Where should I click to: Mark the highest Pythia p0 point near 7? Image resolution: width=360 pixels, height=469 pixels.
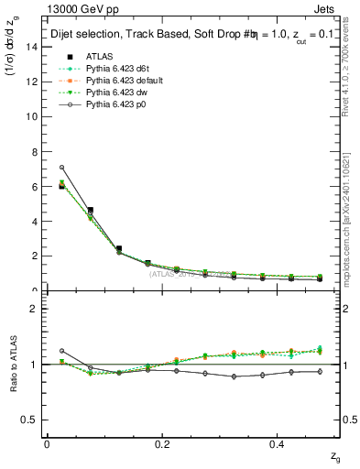pos(61,168)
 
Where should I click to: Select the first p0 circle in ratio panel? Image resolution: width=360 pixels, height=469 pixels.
pos(61,351)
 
